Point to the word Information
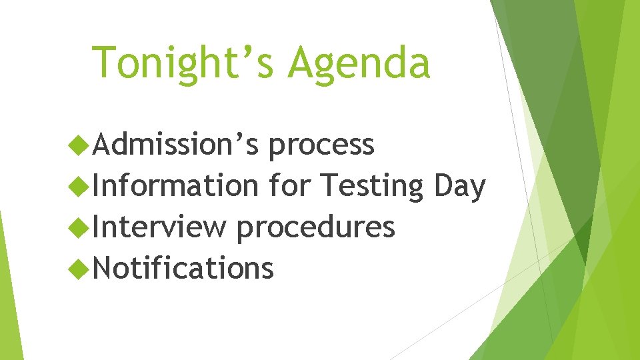pos(175,185)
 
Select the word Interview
pos(160,227)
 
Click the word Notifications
pos(183,268)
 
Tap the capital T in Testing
pos(329,185)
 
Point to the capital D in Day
pos(442,185)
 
